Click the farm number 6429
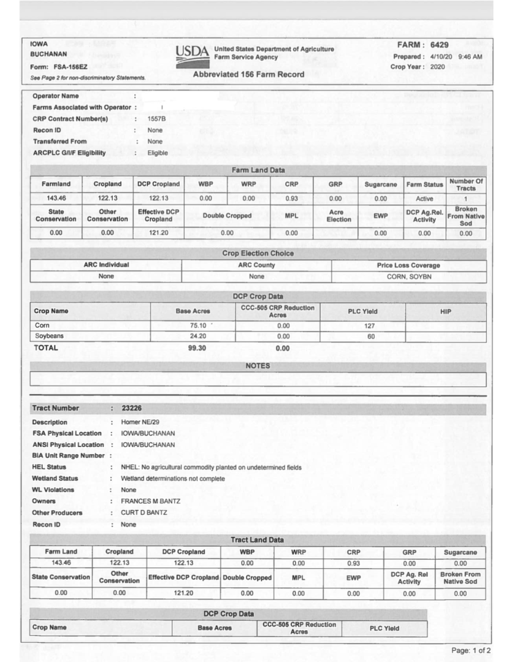[440, 45]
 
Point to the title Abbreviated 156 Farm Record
[248, 75]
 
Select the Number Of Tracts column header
[465, 184]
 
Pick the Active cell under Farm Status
[424, 199]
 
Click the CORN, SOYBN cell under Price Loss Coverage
[409, 276]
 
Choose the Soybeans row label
[50, 337]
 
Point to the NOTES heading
[258, 366]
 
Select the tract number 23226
[132, 408]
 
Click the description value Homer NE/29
[142, 422]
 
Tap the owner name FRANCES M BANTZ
[150, 501]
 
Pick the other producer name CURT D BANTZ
[145, 512]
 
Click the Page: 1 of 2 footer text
[470, 650]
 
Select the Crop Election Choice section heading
[258, 253]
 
